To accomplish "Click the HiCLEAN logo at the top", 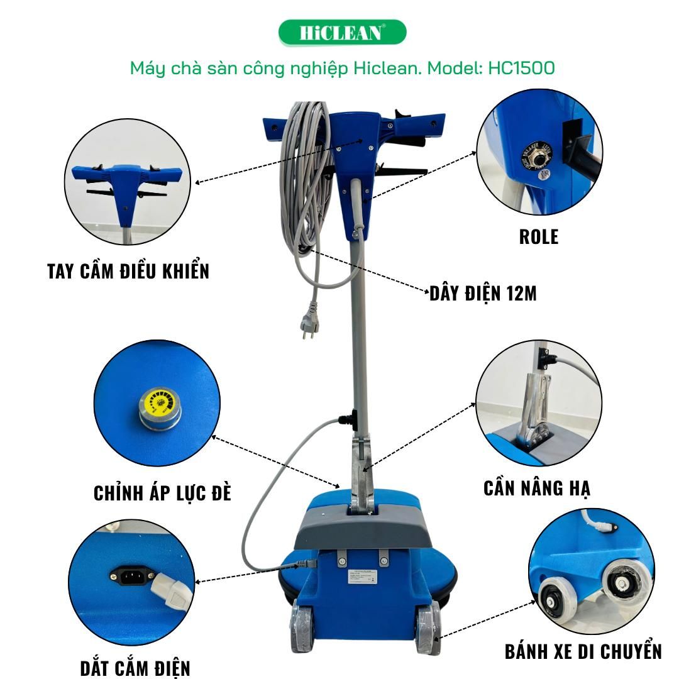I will (342, 33).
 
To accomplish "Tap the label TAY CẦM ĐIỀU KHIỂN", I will (128, 271).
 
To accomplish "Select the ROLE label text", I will (539, 236).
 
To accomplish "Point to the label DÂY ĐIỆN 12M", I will (483, 293).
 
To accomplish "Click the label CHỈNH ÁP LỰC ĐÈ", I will (162, 493).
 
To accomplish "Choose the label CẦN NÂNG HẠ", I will (537, 488).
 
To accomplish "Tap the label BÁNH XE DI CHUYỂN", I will (583, 651).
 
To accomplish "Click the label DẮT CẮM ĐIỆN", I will (135, 667).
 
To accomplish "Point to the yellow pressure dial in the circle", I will (156, 402).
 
